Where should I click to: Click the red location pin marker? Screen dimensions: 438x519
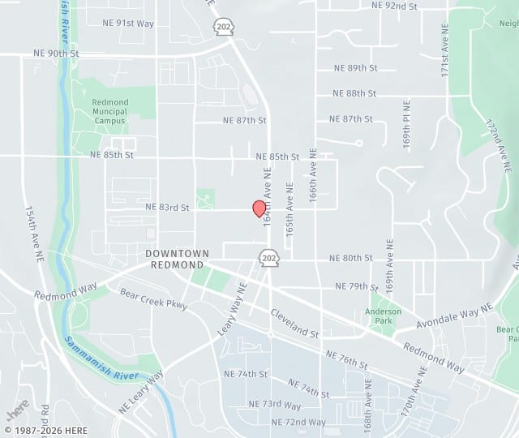(x=259, y=208)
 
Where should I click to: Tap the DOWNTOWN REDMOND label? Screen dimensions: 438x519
(x=178, y=260)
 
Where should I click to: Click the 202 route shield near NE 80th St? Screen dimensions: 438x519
(x=268, y=258)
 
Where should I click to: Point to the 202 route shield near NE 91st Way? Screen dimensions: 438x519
(x=222, y=27)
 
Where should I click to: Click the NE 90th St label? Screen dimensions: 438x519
(x=57, y=53)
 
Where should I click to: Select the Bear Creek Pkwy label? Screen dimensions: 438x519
(x=153, y=298)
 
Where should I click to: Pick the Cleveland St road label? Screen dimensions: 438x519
(x=295, y=322)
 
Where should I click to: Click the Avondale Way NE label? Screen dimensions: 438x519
(x=454, y=316)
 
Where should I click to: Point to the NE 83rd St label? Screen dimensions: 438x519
(x=167, y=208)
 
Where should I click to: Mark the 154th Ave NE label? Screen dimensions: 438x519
(x=33, y=232)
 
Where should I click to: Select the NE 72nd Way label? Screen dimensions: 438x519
(x=299, y=423)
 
